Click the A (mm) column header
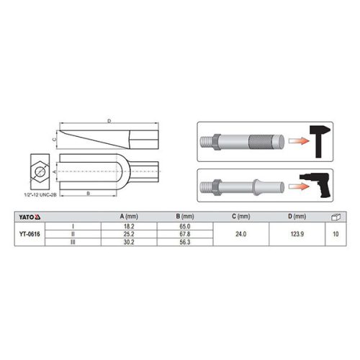(x=129, y=216)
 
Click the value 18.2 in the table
(x=129, y=226)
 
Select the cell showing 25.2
(x=129, y=234)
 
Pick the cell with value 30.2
(x=129, y=242)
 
